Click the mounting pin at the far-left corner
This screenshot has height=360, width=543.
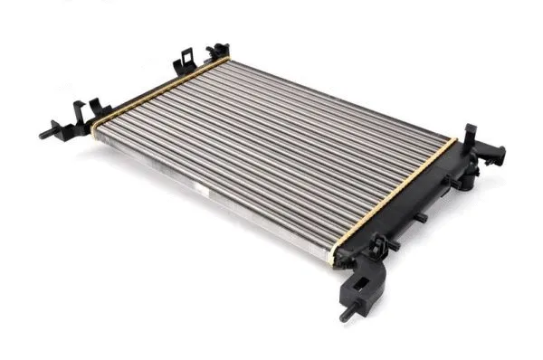click(44, 135)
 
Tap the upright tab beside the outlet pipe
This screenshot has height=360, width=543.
click(472, 132)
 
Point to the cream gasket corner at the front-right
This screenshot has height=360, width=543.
click(340, 255)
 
